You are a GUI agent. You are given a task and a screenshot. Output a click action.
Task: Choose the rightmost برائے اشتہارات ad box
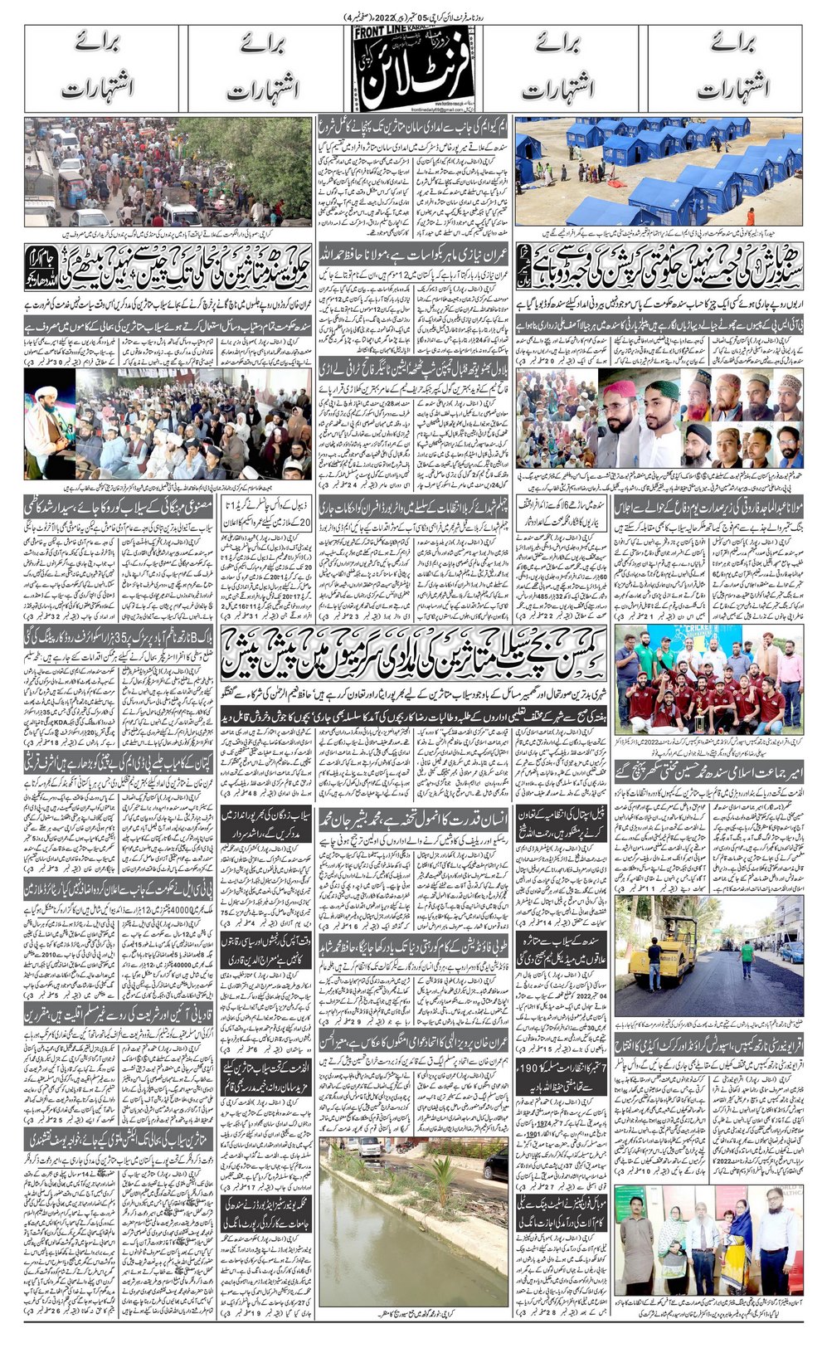[x=719, y=70]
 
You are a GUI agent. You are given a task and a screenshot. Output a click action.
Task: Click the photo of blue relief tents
[x=659, y=171]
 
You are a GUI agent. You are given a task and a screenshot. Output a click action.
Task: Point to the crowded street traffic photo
[x=168, y=171]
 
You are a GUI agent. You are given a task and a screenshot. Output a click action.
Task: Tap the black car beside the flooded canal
[x=496, y=1161]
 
